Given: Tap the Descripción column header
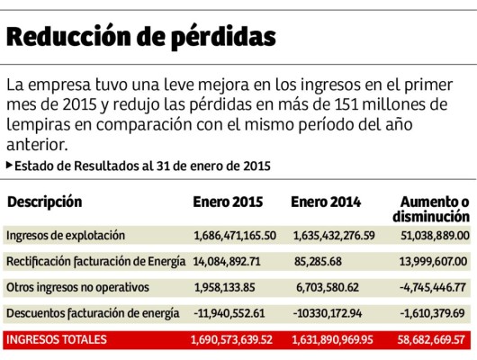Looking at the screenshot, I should click(x=44, y=202).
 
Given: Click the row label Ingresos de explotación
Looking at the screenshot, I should click(x=65, y=236).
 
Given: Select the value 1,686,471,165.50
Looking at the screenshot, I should click(x=234, y=236).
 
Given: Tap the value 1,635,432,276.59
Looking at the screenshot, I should click(x=334, y=236).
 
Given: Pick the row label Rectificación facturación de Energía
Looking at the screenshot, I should click(x=95, y=262).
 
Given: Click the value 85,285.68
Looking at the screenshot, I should click(x=318, y=262).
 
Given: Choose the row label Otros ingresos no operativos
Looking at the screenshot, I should click(x=75, y=288).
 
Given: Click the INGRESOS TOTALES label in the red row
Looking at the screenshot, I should click(x=56, y=340).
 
